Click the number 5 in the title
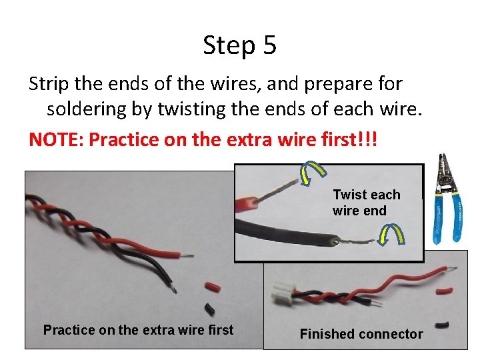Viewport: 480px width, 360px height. (x=269, y=45)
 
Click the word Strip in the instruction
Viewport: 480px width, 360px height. (x=49, y=83)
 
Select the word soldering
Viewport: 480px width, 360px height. (x=86, y=109)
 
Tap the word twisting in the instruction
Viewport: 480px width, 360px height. (x=191, y=109)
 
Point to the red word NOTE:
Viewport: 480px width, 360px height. (x=56, y=139)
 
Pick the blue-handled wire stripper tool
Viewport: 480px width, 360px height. (x=447, y=199)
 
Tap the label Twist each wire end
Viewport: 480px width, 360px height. (x=367, y=203)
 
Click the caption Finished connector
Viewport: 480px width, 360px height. (x=361, y=334)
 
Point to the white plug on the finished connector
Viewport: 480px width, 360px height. (x=283, y=293)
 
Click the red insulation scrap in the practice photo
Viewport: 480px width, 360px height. (x=213, y=287)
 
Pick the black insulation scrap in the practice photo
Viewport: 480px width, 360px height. (x=209, y=309)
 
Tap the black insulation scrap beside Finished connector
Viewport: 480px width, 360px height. (x=443, y=325)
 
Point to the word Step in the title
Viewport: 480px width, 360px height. (x=229, y=46)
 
